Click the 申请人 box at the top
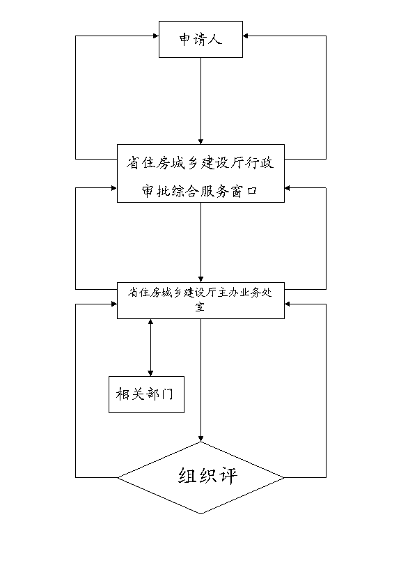[201, 39]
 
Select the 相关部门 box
[146, 394]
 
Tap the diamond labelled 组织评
[201, 478]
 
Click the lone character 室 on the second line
[200, 307]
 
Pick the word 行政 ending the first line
[260, 162]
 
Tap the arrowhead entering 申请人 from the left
[156, 36]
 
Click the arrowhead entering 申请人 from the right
[246, 36]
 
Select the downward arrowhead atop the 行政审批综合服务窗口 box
[201, 141]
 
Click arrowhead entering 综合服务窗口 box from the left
[114, 187]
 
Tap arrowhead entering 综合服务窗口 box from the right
[288, 187]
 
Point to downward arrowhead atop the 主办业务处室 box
[201, 279]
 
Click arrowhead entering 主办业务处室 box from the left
[114, 304]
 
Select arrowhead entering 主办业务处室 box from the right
[288, 304]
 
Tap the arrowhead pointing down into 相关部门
[150, 373]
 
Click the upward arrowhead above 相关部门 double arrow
[150, 322]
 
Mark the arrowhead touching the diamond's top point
[201, 438]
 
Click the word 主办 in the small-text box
[228, 293]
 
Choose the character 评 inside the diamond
[228, 476]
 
